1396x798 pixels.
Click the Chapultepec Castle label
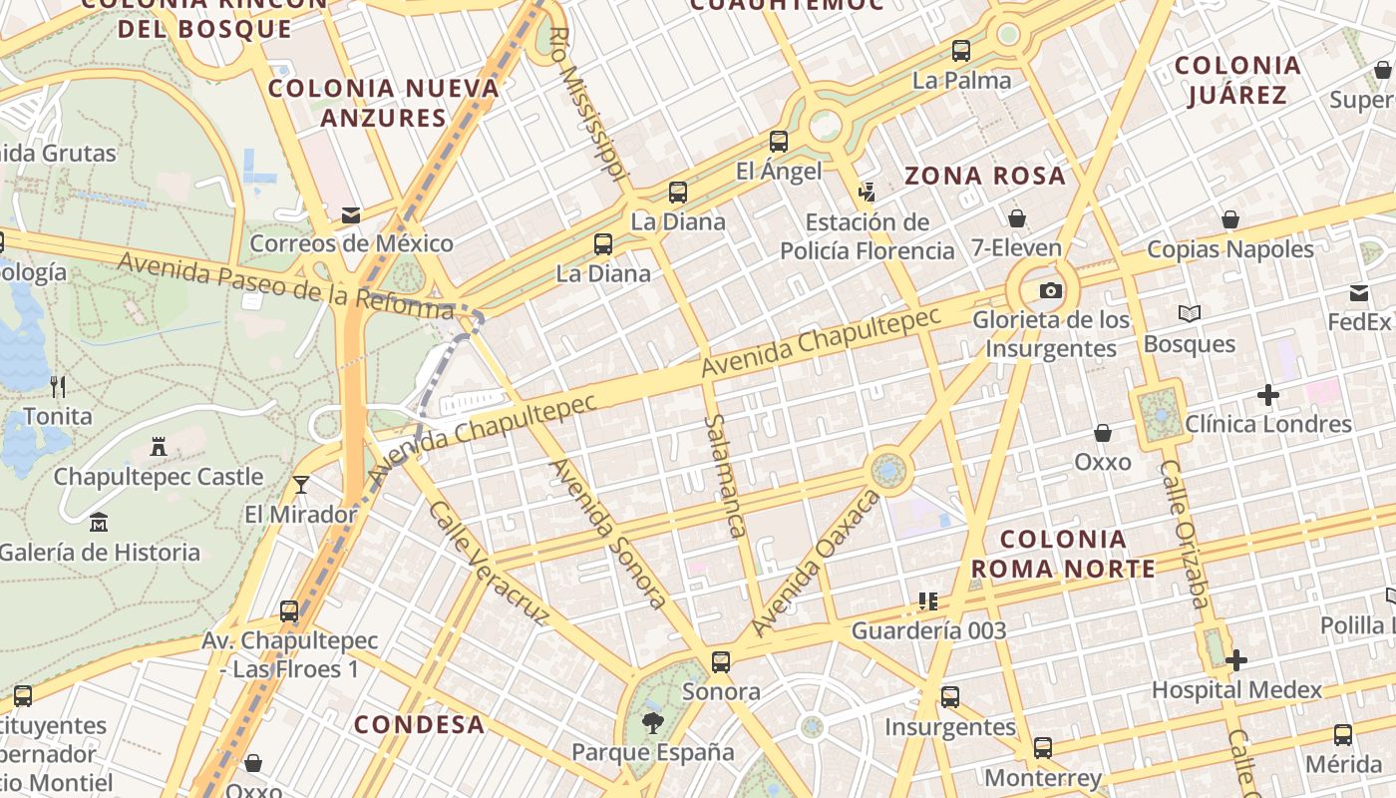[158, 477]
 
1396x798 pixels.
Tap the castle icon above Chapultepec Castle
[158, 446]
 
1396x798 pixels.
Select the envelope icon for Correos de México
[350, 214]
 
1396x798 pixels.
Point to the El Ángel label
[779, 171]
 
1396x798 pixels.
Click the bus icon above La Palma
[961, 50]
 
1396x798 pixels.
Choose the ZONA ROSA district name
[984, 177]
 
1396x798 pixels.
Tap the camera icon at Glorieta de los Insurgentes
[1050, 290]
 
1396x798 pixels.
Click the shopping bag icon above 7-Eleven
[1017, 217]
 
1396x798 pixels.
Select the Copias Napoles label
[1230, 248]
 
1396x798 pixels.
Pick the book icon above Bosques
[1189, 314]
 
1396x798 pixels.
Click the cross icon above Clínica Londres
[1267, 395]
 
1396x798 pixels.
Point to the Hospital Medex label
[1236, 689]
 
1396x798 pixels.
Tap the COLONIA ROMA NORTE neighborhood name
[1062, 555]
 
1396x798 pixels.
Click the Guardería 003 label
[928, 629]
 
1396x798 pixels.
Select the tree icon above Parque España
[653, 722]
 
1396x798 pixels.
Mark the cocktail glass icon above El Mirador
[300, 485]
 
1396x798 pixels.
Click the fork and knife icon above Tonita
[58, 386]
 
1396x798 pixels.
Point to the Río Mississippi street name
[589, 105]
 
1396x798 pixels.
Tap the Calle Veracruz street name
[488, 563]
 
